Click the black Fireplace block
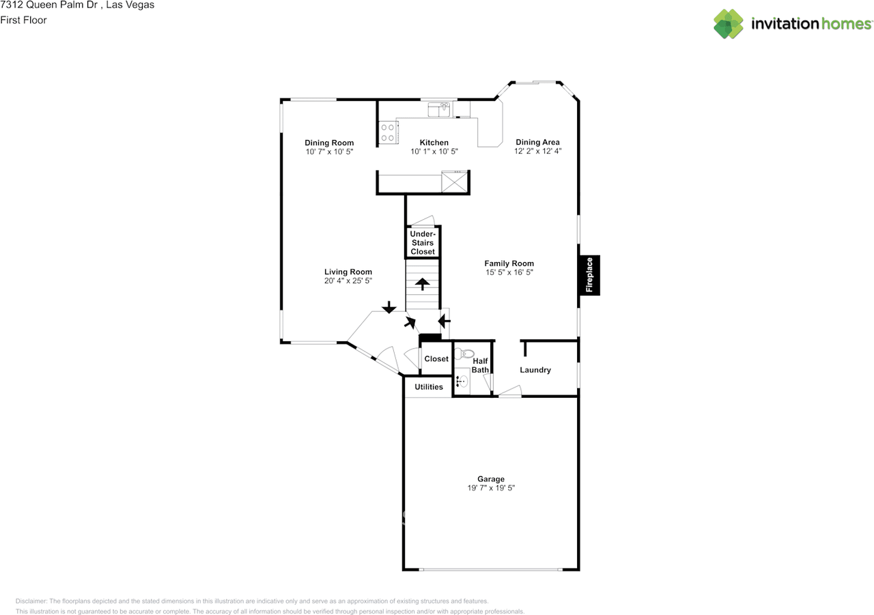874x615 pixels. point(590,275)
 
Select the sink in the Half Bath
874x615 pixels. point(464,381)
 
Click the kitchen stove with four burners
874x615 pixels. point(388,132)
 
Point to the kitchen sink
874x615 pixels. point(439,109)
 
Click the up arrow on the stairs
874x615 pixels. point(423,283)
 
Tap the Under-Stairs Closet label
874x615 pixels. point(423,243)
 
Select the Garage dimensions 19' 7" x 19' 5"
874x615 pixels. point(491,488)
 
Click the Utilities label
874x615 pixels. point(429,387)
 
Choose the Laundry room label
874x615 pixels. point(535,370)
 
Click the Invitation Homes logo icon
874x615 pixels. point(729,24)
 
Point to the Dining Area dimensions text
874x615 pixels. point(537,152)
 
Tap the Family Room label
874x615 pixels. point(509,263)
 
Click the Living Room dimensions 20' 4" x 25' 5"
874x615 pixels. point(348,281)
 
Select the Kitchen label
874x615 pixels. point(434,143)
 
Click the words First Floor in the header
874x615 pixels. point(24,20)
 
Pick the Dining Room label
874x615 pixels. point(329,143)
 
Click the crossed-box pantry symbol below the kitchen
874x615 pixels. point(455,183)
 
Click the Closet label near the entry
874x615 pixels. point(436,359)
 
